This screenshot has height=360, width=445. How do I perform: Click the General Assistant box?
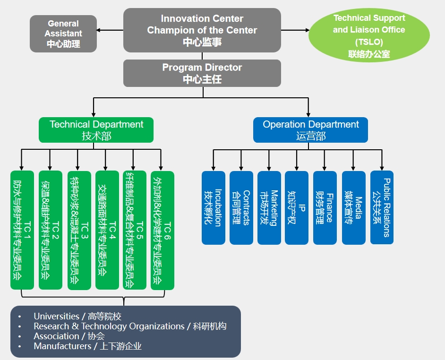click(63, 34)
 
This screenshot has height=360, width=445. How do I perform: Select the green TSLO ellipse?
click(369, 35)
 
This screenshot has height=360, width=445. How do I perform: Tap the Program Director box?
click(202, 73)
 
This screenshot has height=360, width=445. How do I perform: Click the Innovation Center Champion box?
click(202, 30)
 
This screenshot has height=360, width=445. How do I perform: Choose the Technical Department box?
click(96, 130)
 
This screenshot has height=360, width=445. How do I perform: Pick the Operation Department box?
click(310, 130)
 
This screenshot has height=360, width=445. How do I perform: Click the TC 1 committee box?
click(22, 230)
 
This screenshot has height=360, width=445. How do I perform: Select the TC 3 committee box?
click(79, 230)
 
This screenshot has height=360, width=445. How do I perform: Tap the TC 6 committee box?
click(163, 230)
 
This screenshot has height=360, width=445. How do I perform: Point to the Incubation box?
click(214, 207)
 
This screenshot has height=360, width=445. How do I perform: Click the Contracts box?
click(241, 207)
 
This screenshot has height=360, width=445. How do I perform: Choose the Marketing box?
click(269, 207)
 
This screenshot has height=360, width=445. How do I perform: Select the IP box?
click(297, 207)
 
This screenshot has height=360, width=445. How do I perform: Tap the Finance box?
click(325, 207)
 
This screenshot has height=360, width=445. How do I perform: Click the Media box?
click(354, 207)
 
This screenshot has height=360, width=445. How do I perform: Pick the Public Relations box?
click(382, 207)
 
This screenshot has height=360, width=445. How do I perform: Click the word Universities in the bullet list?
click(57, 316)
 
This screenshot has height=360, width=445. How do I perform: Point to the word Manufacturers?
click(62, 346)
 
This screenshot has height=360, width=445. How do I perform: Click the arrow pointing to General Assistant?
click(110, 30)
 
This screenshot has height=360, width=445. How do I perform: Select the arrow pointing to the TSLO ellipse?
click(295, 30)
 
